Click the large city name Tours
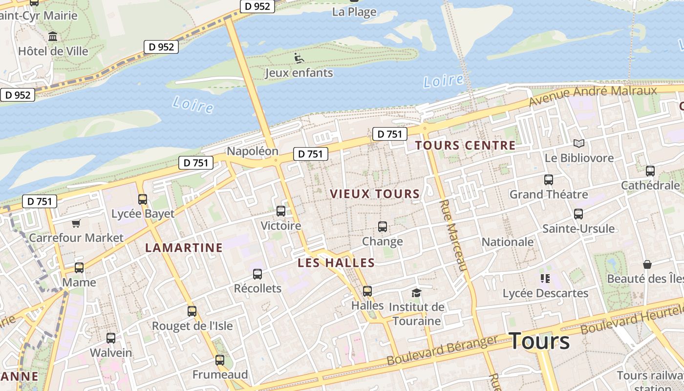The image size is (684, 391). (539, 341)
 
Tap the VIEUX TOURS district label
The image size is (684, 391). (375, 194)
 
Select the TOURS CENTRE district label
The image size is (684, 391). (465, 145)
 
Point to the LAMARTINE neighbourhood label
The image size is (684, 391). (184, 248)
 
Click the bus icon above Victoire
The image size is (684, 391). (281, 211)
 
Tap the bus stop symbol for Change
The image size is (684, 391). (383, 227)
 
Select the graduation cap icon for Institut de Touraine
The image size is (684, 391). (416, 293)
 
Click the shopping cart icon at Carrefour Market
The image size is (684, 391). (76, 223)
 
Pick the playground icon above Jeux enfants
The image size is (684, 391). (299, 59)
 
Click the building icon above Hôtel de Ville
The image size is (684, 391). (53, 37)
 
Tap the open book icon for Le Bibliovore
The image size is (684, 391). (579, 143)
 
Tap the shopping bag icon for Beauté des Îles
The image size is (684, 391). (647, 264)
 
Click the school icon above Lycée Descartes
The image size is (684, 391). (545, 279)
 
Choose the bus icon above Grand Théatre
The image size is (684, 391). (549, 180)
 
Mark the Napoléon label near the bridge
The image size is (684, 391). (253, 151)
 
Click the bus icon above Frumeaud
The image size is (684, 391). (220, 360)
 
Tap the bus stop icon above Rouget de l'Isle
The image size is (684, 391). (192, 311)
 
